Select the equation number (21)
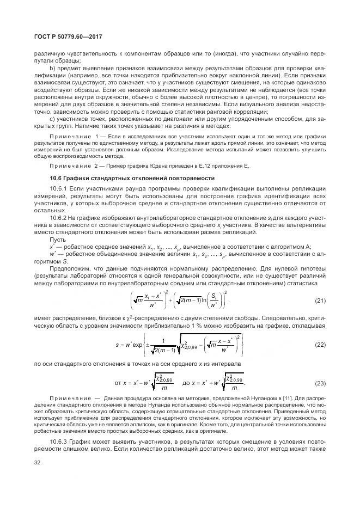click(x=320, y=301)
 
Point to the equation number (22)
click(x=320, y=345)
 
